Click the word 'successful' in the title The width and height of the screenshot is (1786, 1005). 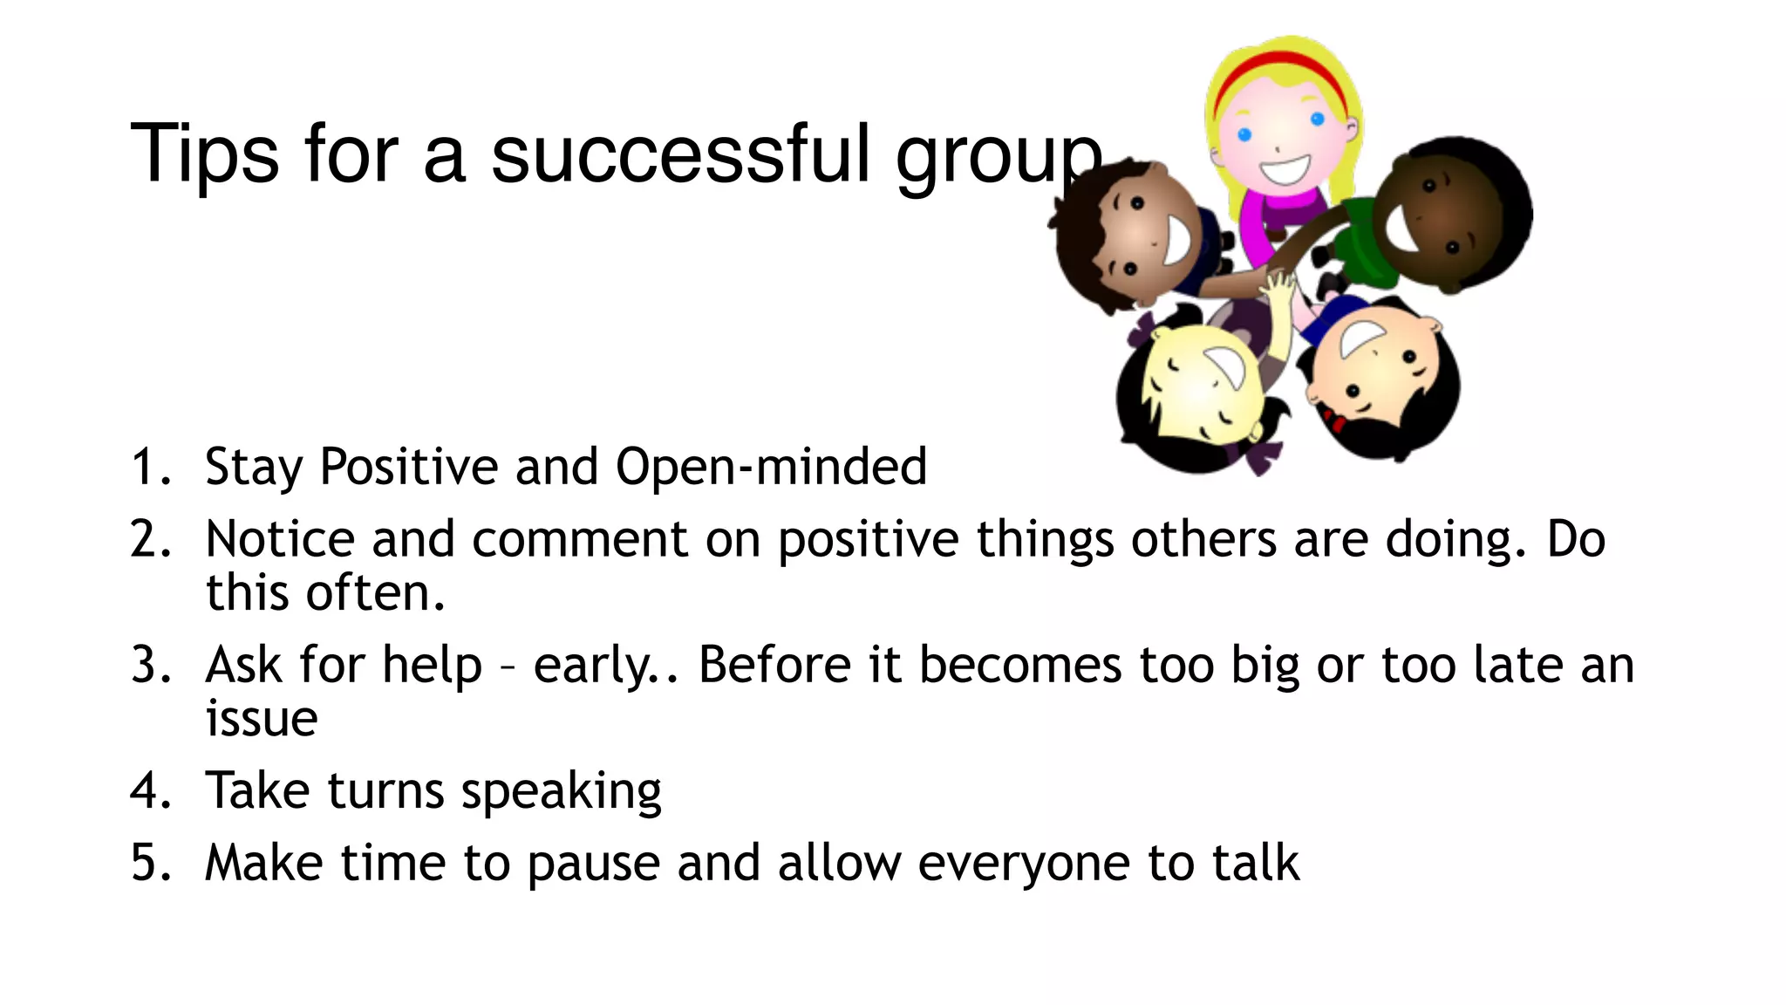click(x=680, y=154)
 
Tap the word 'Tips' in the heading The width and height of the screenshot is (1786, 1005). click(x=205, y=154)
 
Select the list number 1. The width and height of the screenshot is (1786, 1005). click(x=149, y=466)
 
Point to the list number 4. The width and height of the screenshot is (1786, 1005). click(x=150, y=790)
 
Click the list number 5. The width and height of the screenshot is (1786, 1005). click(x=150, y=863)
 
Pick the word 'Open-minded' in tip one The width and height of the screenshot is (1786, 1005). click(x=771, y=466)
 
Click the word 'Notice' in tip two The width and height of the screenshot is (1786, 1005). click(x=280, y=538)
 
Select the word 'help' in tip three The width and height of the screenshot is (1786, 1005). click(x=432, y=665)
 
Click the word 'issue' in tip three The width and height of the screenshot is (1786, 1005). click(x=262, y=719)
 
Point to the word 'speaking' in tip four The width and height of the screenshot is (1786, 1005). click(x=561, y=790)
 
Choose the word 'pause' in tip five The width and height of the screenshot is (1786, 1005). click(x=594, y=864)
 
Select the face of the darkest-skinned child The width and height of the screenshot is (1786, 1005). click(x=1439, y=214)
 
